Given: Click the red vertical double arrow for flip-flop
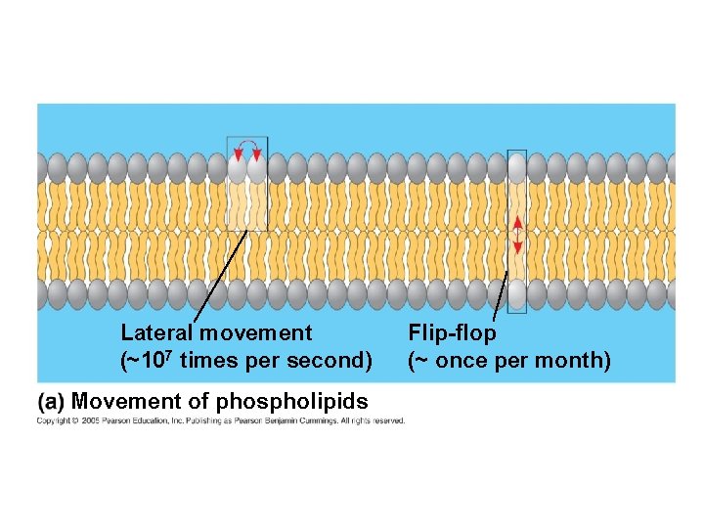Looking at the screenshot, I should point(517,235).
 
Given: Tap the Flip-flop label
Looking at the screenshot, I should point(452,333).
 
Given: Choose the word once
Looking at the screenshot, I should point(463,361).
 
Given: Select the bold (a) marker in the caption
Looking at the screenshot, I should point(52,402).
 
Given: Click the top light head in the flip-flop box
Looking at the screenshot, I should point(517,167).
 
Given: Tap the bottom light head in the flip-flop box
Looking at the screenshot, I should point(517,294).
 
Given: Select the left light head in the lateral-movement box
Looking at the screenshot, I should point(238,168).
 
